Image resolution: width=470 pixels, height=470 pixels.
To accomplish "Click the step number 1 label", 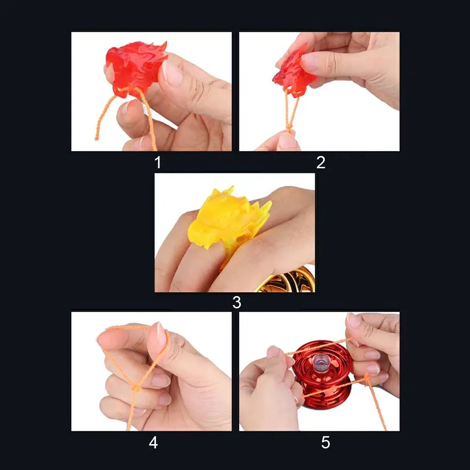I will coord(157,163).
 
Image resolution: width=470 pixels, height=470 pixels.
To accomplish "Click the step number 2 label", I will coord(321,163).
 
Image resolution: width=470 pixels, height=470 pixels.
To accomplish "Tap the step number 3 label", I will coord(236,302).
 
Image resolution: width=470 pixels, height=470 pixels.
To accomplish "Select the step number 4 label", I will coord(153,442).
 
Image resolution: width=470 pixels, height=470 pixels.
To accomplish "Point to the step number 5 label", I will coord(325,442).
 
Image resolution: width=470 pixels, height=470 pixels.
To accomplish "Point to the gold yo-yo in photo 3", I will coord(287,281).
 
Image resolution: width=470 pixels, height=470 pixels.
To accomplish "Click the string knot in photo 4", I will coord(136,388).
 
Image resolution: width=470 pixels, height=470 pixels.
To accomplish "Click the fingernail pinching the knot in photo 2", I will coord(288,141).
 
